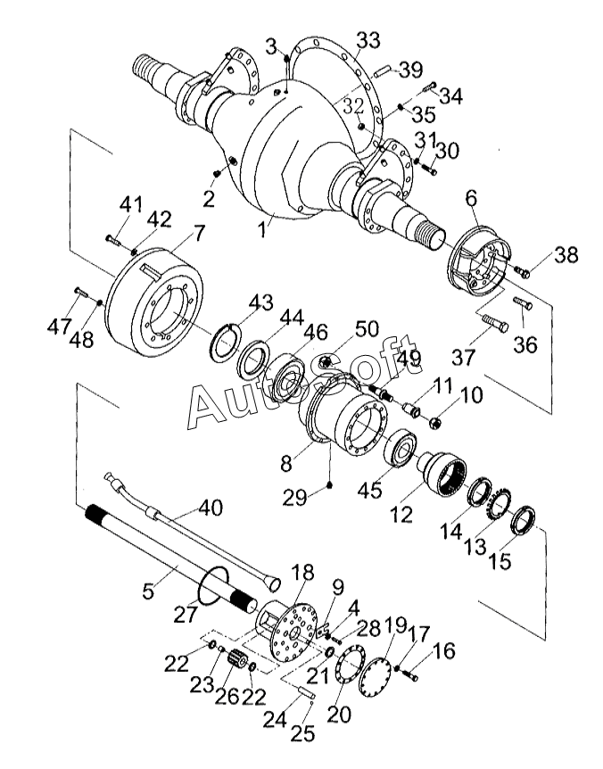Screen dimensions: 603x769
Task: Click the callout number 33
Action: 368,40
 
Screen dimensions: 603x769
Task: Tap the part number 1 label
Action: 264,229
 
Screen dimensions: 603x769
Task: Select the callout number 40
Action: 211,509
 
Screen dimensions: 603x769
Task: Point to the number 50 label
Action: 367,329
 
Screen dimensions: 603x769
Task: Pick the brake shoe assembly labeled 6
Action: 479,260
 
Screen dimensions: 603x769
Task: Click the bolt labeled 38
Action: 521,271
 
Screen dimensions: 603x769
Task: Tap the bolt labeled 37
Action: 495,324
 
